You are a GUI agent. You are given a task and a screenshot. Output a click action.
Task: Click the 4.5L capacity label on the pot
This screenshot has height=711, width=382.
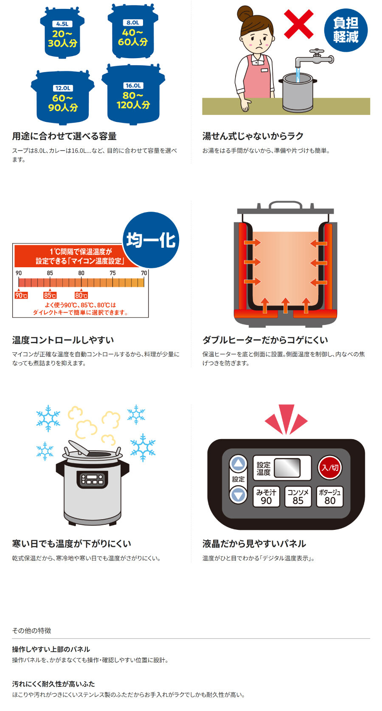click(x=62, y=24)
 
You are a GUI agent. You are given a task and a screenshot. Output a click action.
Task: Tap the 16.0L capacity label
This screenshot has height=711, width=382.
click(x=133, y=86)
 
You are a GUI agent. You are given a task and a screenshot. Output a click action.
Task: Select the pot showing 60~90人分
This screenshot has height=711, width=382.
click(x=62, y=97)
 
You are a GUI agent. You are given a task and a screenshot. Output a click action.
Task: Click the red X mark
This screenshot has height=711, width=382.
click(x=298, y=24)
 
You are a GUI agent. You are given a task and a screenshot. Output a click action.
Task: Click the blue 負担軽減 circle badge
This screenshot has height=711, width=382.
click(x=346, y=30)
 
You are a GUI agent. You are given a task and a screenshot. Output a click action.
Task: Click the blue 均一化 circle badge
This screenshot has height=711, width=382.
click(x=151, y=240)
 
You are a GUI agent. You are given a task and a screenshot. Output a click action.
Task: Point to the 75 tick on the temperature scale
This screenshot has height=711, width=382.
click(x=113, y=273)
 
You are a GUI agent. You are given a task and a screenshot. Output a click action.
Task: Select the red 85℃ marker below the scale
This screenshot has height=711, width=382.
click(x=50, y=295)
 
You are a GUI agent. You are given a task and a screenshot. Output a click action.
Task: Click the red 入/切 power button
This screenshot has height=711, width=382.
click(x=330, y=467)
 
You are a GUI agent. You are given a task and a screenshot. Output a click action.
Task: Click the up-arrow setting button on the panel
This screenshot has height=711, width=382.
click(x=239, y=465)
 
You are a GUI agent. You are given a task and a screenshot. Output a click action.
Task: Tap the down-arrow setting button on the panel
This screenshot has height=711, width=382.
click(x=239, y=495)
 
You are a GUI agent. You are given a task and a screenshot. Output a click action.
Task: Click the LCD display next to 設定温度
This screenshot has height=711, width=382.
click(x=287, y=468)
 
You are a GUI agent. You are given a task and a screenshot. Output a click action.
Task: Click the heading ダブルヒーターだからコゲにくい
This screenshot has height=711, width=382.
click(x=265, y=340)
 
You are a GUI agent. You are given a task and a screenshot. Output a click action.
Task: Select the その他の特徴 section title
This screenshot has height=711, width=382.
click(x=32, y=630)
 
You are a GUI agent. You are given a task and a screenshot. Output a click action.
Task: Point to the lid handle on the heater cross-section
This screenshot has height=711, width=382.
click(x=286, y=205)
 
